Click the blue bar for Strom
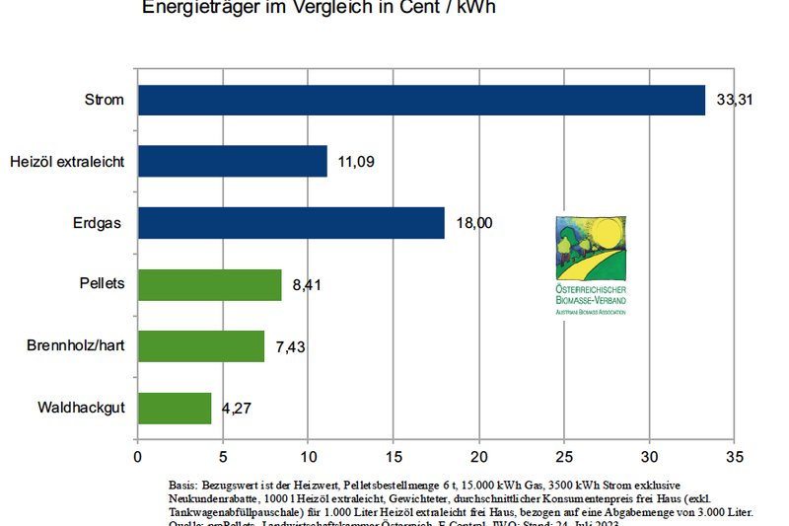click(x=421, y=100)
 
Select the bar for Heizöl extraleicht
click(x=232, y=161)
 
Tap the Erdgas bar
click(x=291, y=223)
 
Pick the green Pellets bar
click(x=209, y=284)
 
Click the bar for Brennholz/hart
click(x=201, y=346)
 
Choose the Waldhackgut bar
click(x=175, y=408)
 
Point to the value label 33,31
click(x=734, y=101)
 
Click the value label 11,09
click(x=356, y=162)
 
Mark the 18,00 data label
click(x=473, y=224)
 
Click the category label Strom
click(x=105, y=101)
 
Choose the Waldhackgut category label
click(x=81, y=409)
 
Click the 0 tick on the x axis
click(x=137, y=457)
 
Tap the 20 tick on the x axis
click(x=478, y=457)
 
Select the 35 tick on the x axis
click(x=734, y=457)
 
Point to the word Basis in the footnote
click(x=184, y=487)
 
